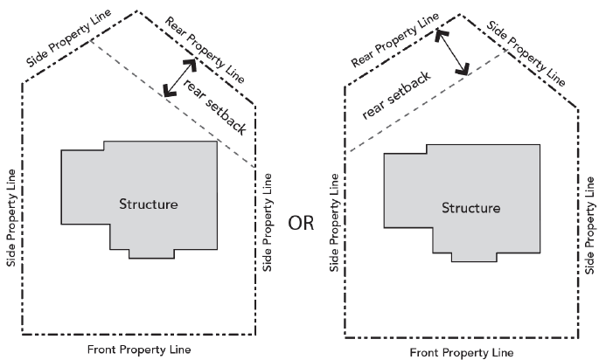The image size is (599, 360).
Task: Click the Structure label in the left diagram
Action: click(x=149, y=204)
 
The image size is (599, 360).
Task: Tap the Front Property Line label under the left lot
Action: click(x=140, y=350)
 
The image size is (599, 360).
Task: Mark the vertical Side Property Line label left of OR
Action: click(x=267, y=220)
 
